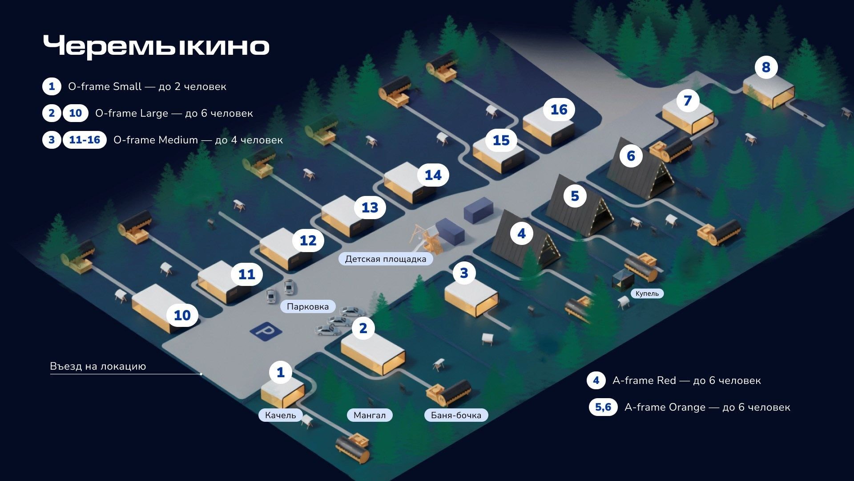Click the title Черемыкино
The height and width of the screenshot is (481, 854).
click(156, 46)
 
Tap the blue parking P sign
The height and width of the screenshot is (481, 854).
click(266, 331)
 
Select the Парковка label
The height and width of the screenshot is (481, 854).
click(308, 306)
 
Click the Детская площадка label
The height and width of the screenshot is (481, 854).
click(385, 259)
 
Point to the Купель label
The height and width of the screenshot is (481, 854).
click(647, 293)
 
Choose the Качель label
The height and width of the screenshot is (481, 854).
click(280, 415)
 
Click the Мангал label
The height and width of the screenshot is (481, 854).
click(369, 415)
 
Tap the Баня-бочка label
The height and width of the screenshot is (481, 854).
click(456, 415)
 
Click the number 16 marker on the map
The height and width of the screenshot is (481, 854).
click(559, 110)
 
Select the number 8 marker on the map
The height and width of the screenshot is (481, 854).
click(766, 67)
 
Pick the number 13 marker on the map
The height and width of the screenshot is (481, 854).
click(370, 208)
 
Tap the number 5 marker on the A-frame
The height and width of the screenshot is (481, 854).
click(575, 196)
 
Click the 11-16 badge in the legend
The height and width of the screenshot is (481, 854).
click(85, 140)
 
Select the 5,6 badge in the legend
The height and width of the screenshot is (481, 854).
click(603, 407)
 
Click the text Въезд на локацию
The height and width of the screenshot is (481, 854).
click(98, 366)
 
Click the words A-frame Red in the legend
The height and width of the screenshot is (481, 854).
click(644, 380)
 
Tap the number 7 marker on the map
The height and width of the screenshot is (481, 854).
click(688, 101)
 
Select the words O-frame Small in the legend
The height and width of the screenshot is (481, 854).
click(105, 86)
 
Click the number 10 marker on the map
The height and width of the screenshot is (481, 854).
click(182, 315)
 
